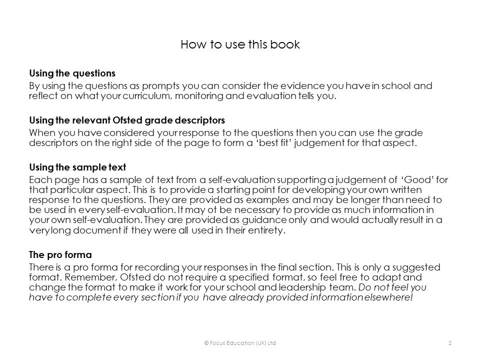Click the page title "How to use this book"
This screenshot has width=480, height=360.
(240, 44)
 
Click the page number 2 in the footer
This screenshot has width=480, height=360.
(450, 342)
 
